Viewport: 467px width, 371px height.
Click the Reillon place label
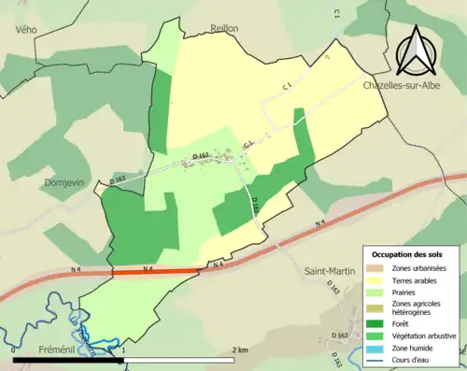click(225, 29)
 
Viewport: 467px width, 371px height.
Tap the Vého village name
click(25, 30)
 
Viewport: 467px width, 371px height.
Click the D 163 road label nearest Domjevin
click(117, 179)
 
